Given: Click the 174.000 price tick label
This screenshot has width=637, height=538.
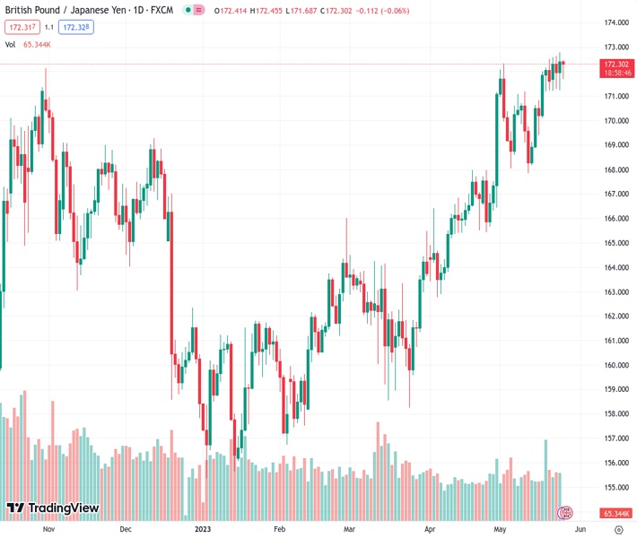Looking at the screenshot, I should pos(615,23).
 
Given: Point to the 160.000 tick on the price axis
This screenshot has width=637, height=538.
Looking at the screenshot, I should pos(615,365).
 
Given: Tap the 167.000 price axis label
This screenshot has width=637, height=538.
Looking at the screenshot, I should pos(615,194).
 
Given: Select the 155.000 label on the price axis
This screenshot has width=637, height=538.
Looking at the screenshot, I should pos(615,488).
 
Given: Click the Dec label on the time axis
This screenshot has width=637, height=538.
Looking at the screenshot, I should pos(126,529).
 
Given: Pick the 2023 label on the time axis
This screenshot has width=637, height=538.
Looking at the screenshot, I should pos(203,529).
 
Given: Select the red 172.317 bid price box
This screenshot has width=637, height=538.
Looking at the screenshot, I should pos(21,27).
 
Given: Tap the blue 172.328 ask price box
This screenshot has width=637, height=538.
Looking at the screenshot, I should pos(77,27).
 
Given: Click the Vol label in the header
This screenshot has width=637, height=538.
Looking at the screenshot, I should pos(11,44).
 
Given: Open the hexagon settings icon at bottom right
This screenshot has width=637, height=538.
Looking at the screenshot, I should pos(618,529).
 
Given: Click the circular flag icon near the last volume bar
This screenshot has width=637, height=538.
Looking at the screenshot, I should pos(565,513).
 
